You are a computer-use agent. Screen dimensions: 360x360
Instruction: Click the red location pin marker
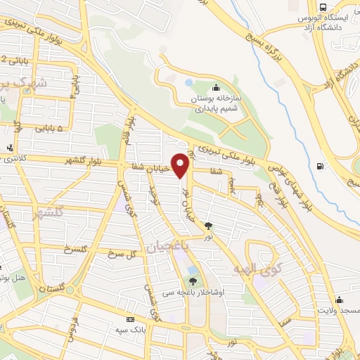[181, 165]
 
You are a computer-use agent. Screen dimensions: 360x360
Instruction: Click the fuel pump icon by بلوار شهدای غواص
[321, 166]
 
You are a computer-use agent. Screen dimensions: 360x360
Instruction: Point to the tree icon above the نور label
[209, 226]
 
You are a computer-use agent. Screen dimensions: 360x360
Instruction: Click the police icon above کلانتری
[9, 148]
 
